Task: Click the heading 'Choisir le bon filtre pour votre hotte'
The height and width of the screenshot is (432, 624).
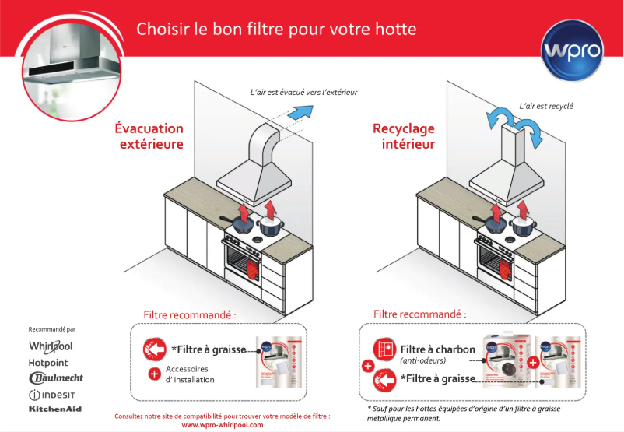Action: coord(276,30)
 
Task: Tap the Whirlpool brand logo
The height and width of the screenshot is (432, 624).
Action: coord(51,346)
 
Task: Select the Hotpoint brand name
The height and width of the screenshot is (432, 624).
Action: coord(48,363)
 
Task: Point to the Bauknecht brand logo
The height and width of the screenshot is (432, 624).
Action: coord(55,378)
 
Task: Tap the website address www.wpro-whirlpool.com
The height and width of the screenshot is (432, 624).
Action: coord(222,425)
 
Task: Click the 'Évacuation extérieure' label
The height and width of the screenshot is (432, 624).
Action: coord(149,136)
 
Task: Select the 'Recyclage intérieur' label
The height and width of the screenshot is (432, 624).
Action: coord(404,136)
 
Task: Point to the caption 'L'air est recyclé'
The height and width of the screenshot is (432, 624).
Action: coord(545,106)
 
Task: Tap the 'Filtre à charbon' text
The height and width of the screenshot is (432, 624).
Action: coord(437,349)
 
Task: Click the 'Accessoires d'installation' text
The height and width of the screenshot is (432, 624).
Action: coord(191,374)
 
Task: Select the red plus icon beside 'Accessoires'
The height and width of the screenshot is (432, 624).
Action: coord(154,374)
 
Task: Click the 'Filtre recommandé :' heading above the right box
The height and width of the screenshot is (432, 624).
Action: coord(420,314)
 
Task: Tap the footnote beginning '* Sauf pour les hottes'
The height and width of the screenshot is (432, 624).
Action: coord(463,413)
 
